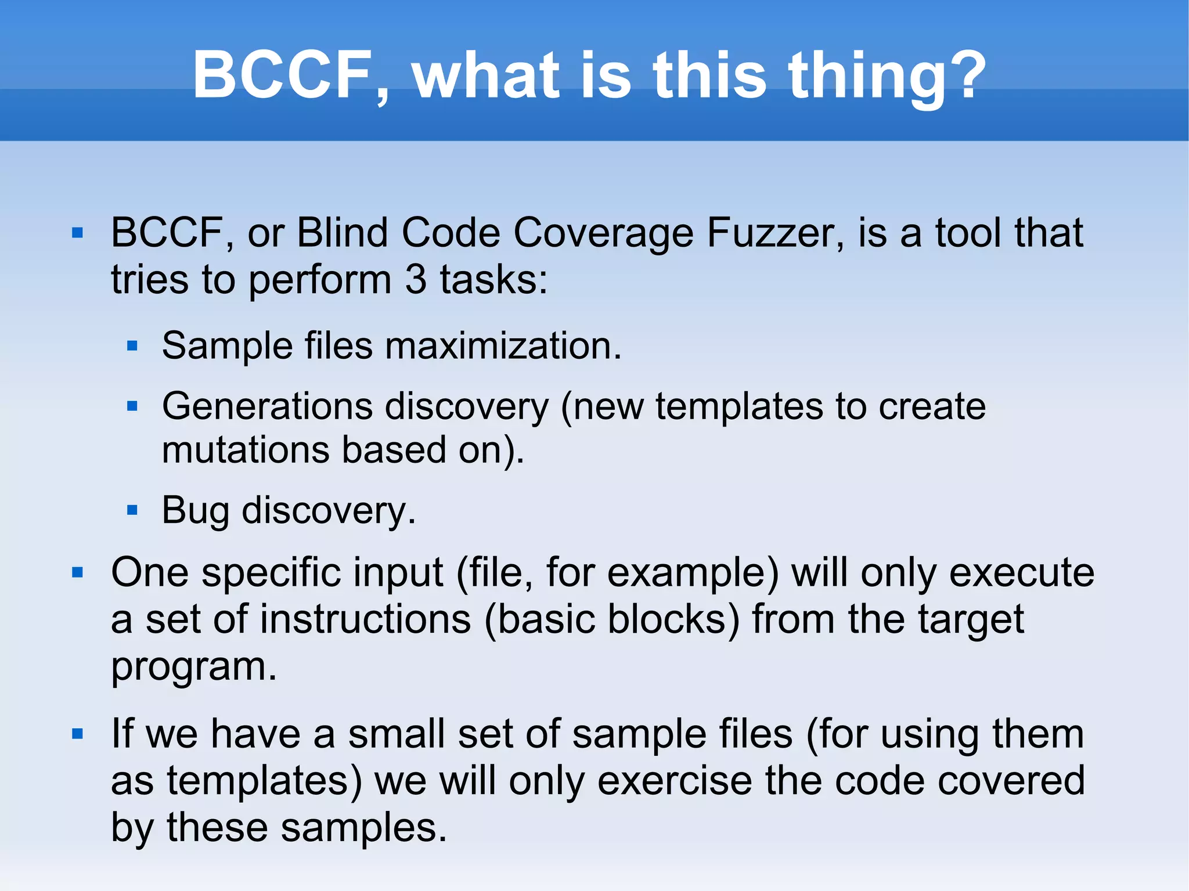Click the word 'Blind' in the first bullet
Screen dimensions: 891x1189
342,233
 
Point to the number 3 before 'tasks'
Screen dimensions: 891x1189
416,280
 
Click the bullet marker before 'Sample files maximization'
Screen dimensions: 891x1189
132,347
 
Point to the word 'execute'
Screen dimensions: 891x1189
1021,573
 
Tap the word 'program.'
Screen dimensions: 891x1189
194,668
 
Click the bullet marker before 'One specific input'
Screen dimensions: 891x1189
78,573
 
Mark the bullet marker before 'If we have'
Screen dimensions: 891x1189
78,734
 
